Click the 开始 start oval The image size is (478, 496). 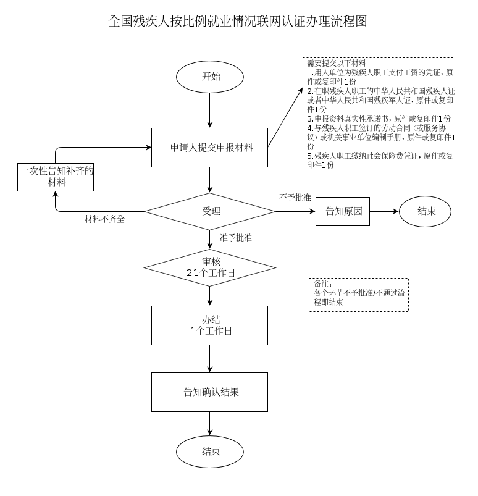pos(210,77)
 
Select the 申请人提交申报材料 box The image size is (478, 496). pos(210,148)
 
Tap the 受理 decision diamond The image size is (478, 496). pos(210,211)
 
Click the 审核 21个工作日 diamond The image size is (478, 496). pos(210,267)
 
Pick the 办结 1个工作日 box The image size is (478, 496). pos(210,326)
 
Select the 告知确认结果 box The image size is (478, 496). pos(210,392)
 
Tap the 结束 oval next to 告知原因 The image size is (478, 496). pos(425,211)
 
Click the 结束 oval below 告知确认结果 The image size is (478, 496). pos(210,452)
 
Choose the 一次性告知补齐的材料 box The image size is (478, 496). pos(56,177)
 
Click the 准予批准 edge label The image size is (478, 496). pos(235,238)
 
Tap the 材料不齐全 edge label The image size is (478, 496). pos(104,219)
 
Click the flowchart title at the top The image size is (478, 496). pos(238,22)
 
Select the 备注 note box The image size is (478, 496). pos(358,294)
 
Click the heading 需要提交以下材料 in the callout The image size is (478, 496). pos(337,64)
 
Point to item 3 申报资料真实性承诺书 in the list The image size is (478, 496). pos(379,118)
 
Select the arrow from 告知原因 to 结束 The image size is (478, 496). pos(384,211)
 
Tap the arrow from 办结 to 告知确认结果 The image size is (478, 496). pos(210,358)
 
